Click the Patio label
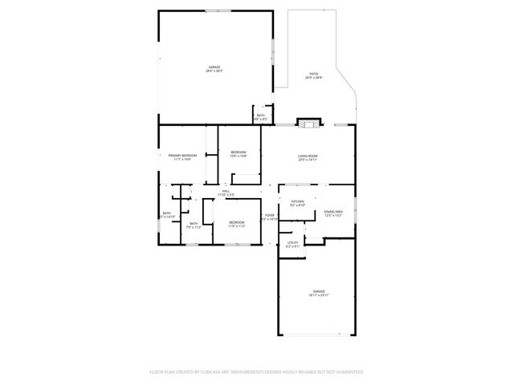point(313,74)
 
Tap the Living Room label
point(308,156)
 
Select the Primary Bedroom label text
point(182,155)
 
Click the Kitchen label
point(297,201)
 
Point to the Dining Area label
point(333,212)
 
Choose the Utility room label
point(292,242)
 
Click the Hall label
point(226,191)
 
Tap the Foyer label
point(270,215)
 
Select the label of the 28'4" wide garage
point(214,67)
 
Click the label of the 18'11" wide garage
point(319,291)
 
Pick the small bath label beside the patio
point(261,115)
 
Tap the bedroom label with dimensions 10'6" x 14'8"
point(239,152)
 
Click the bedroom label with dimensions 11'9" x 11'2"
point(236,222)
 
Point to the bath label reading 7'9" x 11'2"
point(194,224)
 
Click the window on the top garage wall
point(217,10)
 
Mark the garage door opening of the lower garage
point(316,334)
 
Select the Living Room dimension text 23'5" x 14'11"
point(308,160)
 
